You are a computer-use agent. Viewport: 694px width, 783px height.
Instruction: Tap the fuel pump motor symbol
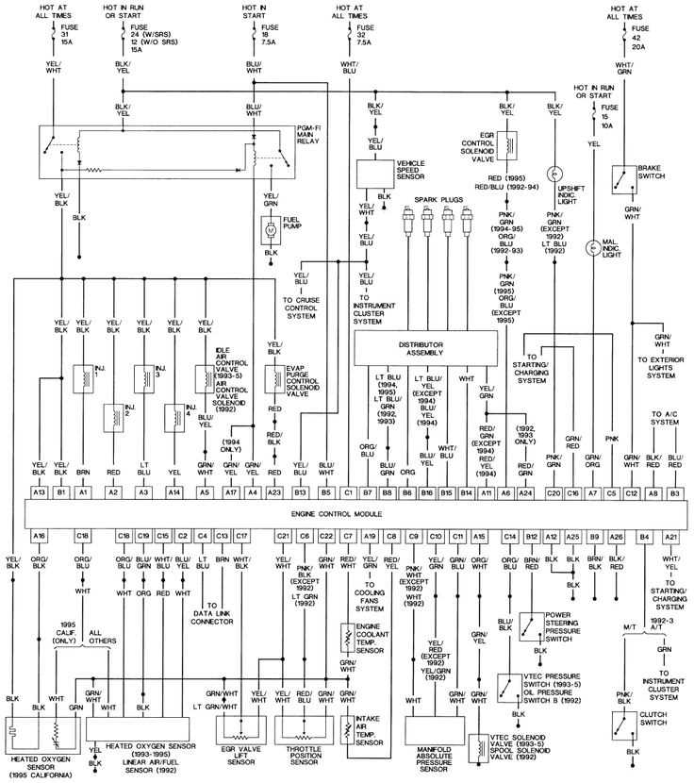point(271,228)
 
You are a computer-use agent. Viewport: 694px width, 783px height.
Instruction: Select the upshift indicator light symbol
point(555,174)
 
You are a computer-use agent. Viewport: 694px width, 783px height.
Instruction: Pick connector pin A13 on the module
point(39,491)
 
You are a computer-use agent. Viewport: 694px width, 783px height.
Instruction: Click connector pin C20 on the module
point(554,491)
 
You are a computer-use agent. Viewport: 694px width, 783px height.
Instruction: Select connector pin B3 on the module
point(674,491)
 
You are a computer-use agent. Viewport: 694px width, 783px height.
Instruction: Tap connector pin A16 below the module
point(39,536)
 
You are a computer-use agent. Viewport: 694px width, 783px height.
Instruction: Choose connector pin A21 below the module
point(670,536)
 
